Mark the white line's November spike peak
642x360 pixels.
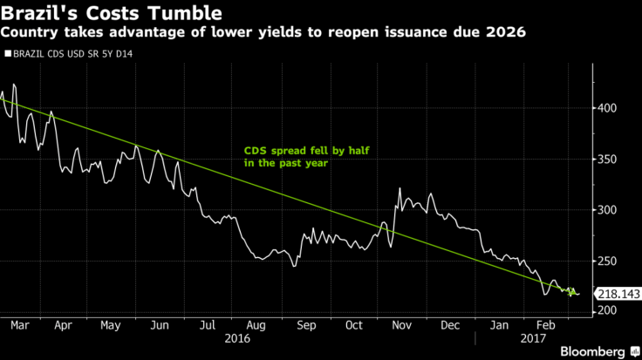(400, 187)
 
